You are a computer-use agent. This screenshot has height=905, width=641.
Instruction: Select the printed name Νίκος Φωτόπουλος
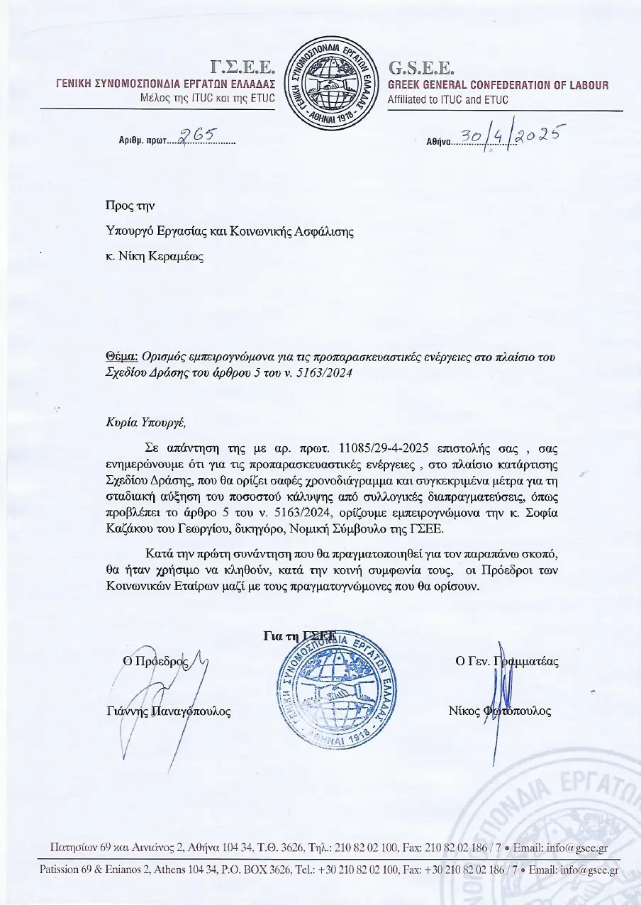click(499, 711)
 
